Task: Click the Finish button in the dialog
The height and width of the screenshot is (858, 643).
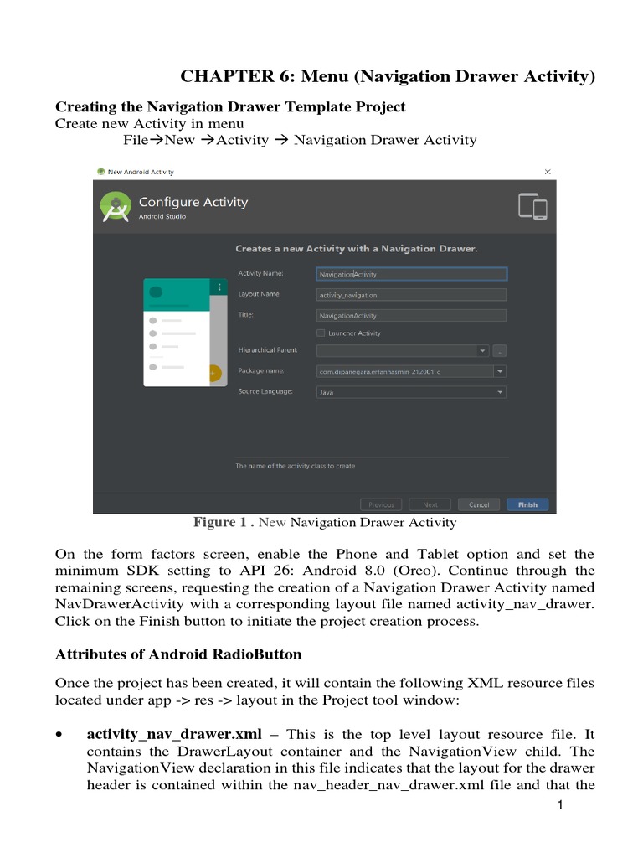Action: pos(527,505)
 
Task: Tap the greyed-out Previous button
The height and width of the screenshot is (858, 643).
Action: pos(381,505)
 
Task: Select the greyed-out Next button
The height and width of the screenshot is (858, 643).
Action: pos(430,505)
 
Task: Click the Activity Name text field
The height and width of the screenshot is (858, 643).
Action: pos(411,274)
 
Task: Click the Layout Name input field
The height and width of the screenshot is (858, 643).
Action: pos(411,295)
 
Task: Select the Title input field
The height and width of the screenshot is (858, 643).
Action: pos(411,316)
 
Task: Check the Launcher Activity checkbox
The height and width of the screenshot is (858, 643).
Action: pos(321,333)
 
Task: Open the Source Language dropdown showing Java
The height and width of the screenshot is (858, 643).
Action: pos(411,392)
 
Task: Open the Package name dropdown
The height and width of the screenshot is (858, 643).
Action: pos(500,371)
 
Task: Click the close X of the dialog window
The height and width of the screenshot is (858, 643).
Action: pos(548,172)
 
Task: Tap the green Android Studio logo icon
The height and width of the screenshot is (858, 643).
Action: pos(115,207)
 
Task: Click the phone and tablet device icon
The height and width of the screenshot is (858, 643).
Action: pos(532,207)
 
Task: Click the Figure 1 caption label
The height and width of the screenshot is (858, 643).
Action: pos(224,523)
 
